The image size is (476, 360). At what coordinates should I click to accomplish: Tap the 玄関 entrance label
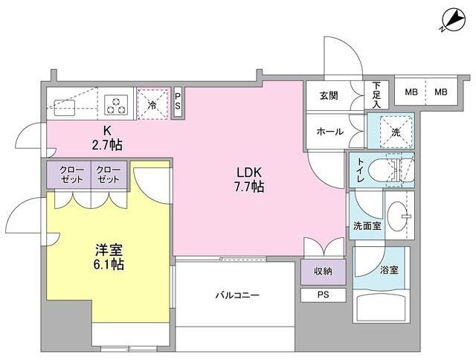(329, 94)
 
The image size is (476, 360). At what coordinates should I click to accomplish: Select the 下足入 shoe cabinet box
(377, 95)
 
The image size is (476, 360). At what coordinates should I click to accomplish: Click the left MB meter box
(410, 93)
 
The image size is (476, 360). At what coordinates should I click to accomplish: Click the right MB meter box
(441, 93)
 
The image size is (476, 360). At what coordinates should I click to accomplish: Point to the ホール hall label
(329, 132)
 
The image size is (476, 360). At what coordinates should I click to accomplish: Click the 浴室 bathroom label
(389, 270)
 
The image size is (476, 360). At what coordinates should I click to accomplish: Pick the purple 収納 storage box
(324, 271)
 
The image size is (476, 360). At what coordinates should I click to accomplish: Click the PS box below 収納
(324, 295)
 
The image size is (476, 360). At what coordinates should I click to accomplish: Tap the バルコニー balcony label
(238, 295)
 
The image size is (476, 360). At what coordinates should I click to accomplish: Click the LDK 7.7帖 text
(248, 179)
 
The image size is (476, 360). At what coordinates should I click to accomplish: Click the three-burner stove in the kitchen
(117, 104)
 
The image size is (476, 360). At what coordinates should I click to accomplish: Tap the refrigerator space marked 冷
(152, 104)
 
